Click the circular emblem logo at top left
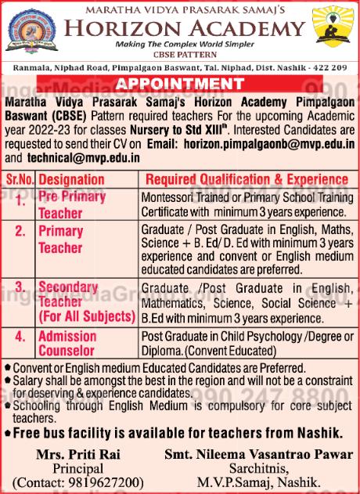point(28,31)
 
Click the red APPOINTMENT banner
point(179,84)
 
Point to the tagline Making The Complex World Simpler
point(180,45)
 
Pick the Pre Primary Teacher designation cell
point(71,204)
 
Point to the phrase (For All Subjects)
point(87,317)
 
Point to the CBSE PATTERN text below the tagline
point(180,56)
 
